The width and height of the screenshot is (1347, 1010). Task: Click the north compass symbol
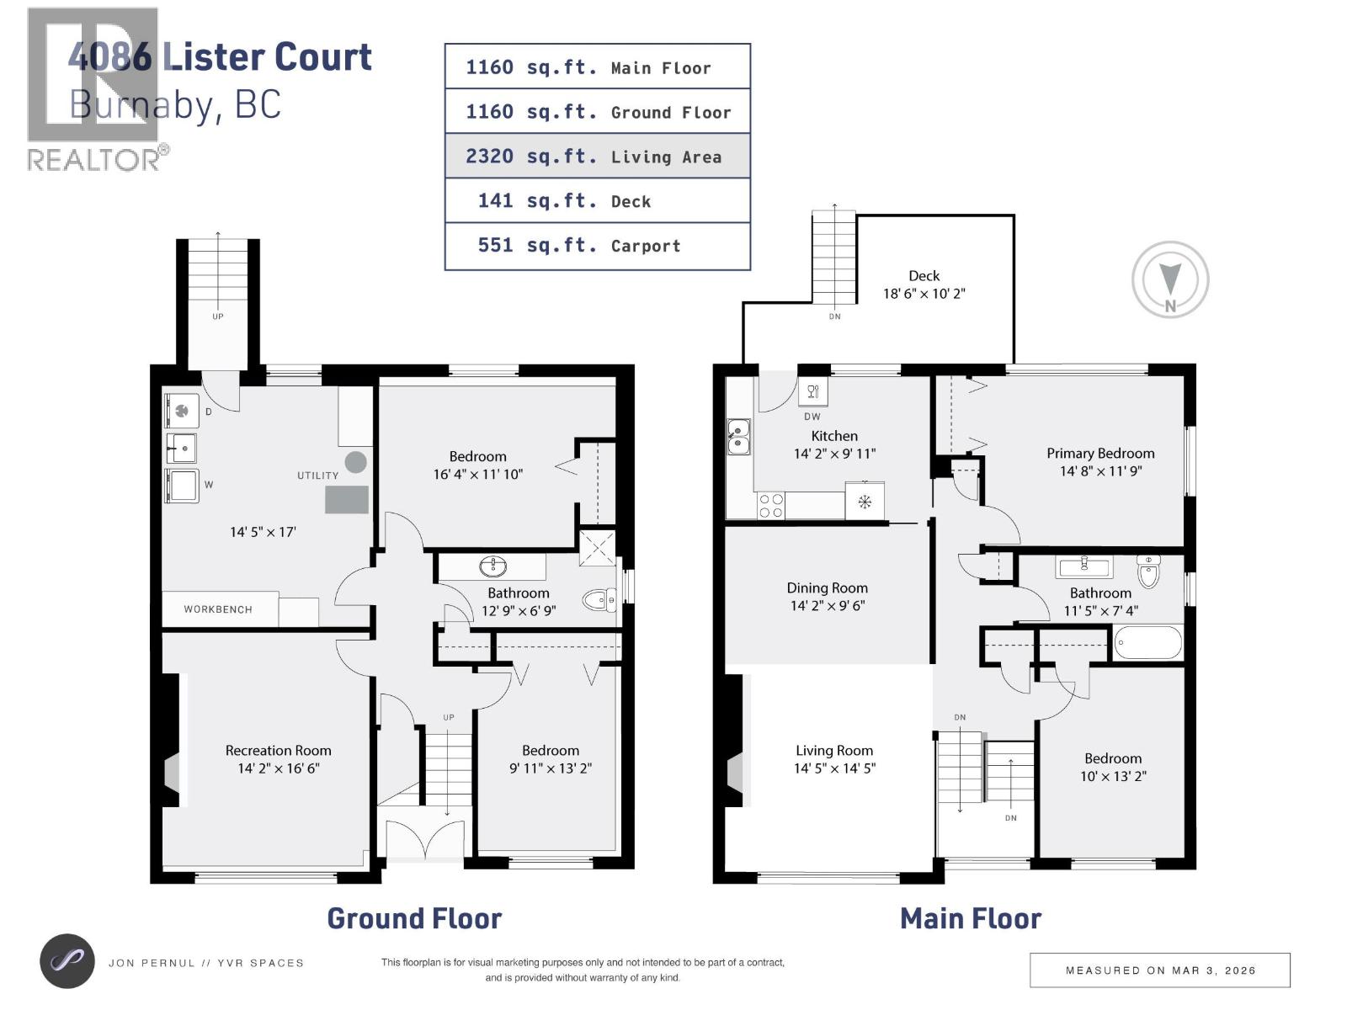1170,280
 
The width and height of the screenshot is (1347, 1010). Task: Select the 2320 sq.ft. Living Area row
597,157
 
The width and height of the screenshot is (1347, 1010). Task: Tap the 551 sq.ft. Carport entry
597,246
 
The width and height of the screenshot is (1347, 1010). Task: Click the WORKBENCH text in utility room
218,609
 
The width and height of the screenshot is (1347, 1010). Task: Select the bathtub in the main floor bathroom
1147,645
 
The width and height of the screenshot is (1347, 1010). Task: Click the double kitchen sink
738,437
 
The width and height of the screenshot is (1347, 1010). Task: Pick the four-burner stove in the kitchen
771,506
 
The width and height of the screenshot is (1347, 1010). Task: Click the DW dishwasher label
812,417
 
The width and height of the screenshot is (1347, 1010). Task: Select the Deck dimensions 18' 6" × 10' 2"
924,295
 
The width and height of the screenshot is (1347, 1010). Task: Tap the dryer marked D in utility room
182,411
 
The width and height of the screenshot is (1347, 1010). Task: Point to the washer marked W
182,486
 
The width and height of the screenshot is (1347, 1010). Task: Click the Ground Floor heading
414,918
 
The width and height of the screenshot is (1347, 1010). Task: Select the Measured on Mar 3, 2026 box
1159,970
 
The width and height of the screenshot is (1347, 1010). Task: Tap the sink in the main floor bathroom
1083,565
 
